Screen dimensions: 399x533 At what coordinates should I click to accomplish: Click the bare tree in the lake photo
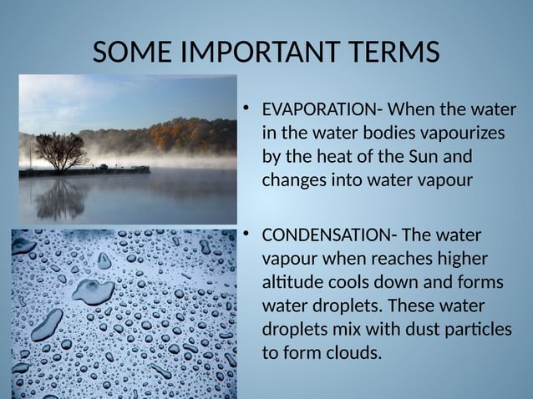tap(60, 148)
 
